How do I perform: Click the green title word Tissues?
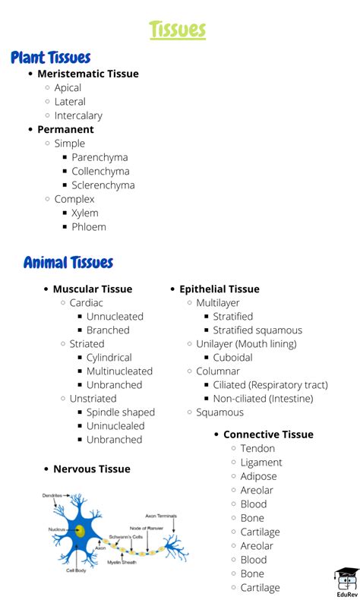[x=178, y=30]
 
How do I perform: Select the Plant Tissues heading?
[x=51, y=58]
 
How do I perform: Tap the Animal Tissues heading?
[x=68, y=263]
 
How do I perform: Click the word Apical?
[x=68, y=88]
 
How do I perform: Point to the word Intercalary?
[x=78, y=115]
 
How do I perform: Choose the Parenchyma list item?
[x=99, y=157]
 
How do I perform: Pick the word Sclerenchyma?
[x=103, y=185]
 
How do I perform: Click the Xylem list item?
[x=85, y=213]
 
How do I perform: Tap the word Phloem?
[x=89, y=227]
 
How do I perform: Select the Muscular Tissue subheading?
[x=93, y=289]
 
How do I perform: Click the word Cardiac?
[x=87, y=302]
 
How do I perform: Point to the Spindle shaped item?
[x=120, y=412]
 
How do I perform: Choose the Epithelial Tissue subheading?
[x=219, y=289]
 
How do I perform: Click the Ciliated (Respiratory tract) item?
[x=270, y=385]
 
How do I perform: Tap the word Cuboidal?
[x=233, y=358]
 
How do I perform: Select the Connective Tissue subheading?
[x=268, y=434]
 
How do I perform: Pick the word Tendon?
[x=257, y=449]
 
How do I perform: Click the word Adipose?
[x=258, y=476]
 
